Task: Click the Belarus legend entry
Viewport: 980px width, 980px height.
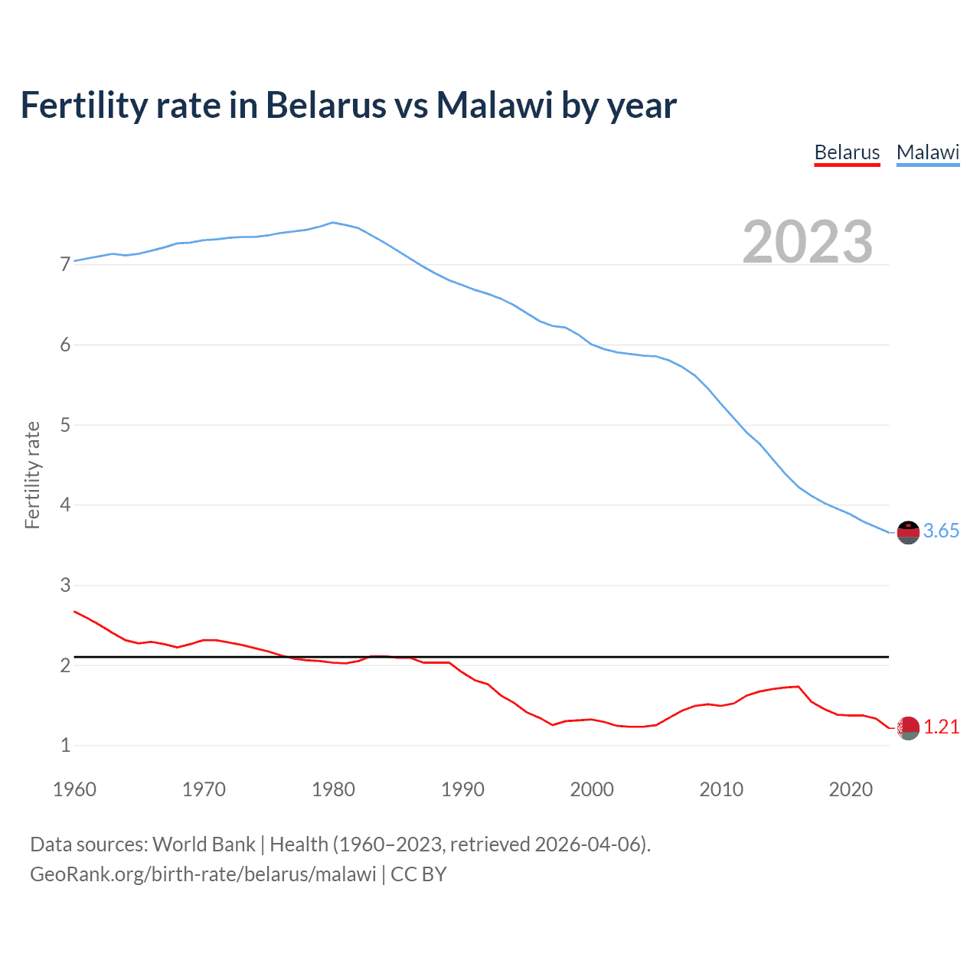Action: [x=847, y=152]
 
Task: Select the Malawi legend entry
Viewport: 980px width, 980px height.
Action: [x=928, y=152]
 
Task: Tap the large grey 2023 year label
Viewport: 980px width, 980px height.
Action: [x=808, y=242]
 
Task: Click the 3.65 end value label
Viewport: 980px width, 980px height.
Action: [x=941, y=531]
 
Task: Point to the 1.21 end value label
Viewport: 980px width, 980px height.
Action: [x=941, y=727]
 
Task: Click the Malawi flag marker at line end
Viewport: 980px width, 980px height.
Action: [x=908, y=532]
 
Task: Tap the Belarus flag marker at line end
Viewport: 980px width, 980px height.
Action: [x=908, y=728]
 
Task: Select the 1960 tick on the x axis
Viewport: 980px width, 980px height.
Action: [x=74, y=789]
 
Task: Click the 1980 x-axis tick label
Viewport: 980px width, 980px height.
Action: [x=333, y=789]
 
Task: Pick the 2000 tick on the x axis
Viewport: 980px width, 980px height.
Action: [x=592, y=789]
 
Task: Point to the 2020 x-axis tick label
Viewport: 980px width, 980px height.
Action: [x=851, y=789]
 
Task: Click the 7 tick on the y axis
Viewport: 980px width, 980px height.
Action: [x=65, y=265]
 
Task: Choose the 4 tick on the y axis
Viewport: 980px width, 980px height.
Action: [x=65, y=505]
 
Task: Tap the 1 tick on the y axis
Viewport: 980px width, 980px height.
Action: [x=65, y=746]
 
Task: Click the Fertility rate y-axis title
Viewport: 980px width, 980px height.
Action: [x=32, y=475]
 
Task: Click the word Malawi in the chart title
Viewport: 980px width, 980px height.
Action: [x=495, y=105]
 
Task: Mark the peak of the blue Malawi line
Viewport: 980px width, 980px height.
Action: [x=332, y=223]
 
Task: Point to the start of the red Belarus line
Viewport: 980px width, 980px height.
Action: [x=75, y=612]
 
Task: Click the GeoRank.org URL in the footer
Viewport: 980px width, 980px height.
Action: [x=203, y=874]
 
